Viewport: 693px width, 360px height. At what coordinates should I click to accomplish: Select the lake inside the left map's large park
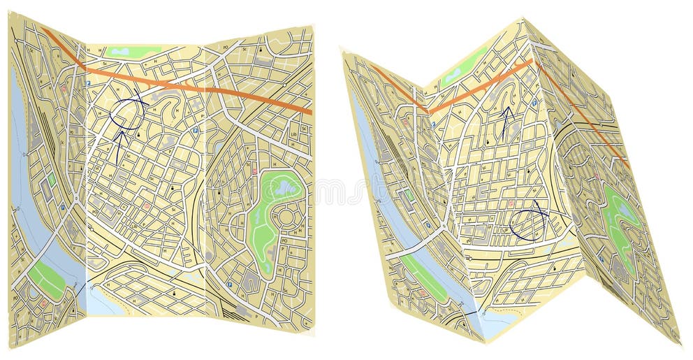pyautogui.click(x=285, y=187)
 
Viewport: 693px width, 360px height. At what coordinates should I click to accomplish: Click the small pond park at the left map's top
pyautogui.click(x=133, y=51)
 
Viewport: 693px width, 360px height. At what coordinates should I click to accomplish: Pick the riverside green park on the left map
pyautogui.click(x=46, y=280)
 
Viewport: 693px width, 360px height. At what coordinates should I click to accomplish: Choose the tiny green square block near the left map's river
pyautogui.click(x=51, y=180)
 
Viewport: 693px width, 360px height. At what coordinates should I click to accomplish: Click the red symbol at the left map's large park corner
pyautogui.click(x=255, y=171)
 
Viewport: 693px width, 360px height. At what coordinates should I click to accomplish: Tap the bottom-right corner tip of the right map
pyautogui.click(x=678, y=343)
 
